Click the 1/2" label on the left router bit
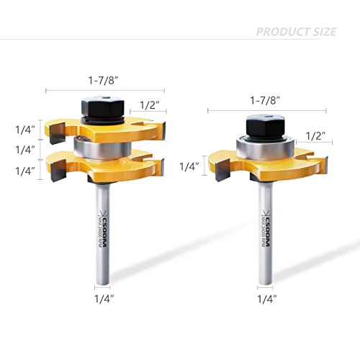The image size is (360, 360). coord(150,106)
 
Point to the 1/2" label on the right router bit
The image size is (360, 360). coord(316,135)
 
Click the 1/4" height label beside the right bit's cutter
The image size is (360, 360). coord(189,166)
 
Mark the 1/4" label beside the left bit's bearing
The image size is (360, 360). coord(25,150)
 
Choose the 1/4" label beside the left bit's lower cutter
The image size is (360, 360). coord(25,171)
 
